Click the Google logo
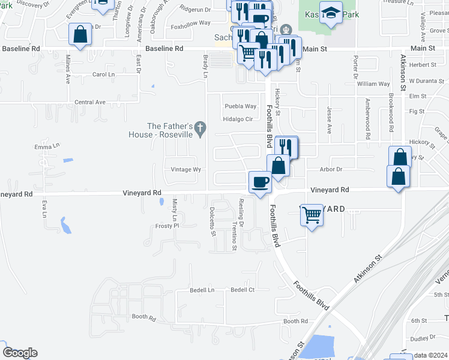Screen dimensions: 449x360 [19, 353]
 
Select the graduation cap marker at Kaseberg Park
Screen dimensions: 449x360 [330, 13]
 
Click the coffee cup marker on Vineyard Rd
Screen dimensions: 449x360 [260, 181]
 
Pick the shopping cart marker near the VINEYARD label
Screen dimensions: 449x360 [312, 214]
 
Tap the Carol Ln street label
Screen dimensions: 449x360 [103, 74]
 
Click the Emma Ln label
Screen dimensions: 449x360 [47, 146]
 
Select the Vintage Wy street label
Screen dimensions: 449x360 [185, 170]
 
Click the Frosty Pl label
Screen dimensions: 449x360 [167, 226]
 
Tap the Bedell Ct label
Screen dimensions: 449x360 [243, 290]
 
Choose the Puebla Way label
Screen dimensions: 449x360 [241, 106]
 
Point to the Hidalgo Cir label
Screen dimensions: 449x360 [238, 119]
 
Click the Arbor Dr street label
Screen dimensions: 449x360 [331, 170]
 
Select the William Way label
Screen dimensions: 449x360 [373, 85]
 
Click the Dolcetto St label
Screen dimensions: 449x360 [212, 222]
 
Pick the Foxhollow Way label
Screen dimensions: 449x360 [190, 23]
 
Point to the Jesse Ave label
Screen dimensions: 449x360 [329, 121]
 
